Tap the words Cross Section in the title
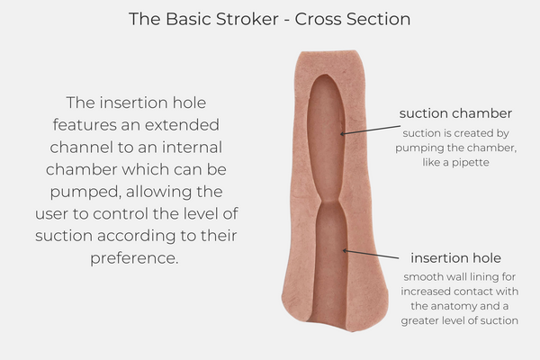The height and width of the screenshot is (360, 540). point(354,18)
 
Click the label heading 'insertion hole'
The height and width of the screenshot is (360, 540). point(455,256)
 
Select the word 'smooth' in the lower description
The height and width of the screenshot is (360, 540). point(419,276)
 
